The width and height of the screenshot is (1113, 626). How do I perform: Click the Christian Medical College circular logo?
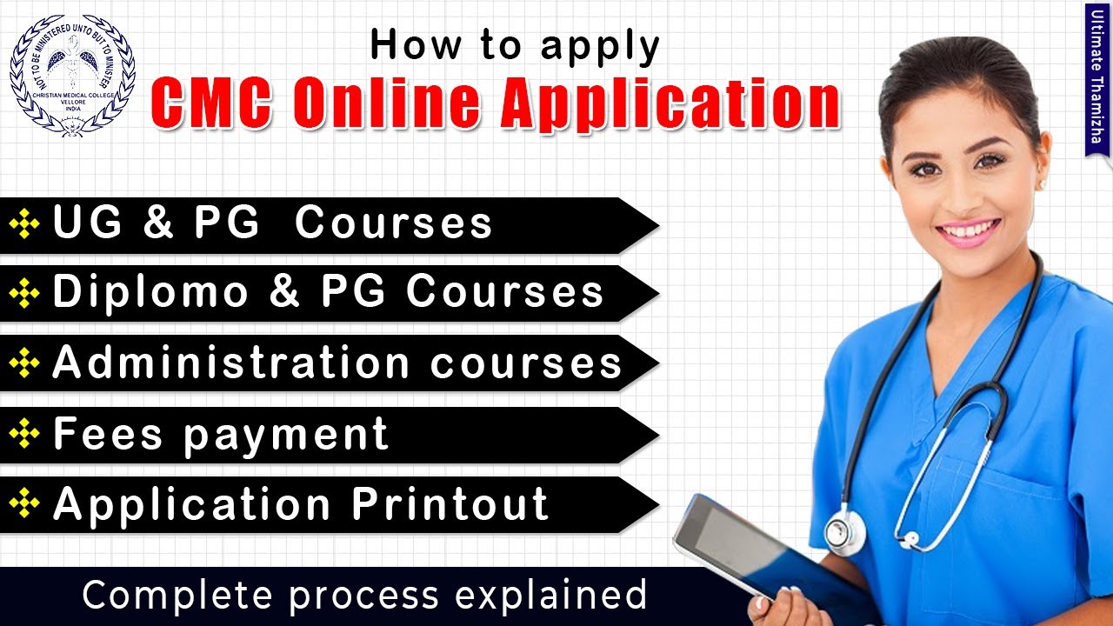coord(72,75)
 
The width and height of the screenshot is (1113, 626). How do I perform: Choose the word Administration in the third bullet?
coord(230,362)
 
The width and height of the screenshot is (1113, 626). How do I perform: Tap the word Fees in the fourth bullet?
coord(108,433)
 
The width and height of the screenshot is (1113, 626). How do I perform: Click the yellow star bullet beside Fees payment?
coord(24,434)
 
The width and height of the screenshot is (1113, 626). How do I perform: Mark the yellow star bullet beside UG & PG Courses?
coord(24,224)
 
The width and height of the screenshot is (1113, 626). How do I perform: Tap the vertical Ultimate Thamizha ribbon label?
coord(1098,78)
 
